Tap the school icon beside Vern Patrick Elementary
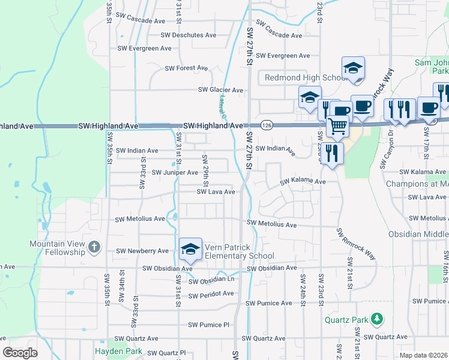click(190, 249)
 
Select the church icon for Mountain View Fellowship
click(94, 247)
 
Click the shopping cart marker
click(338, 127)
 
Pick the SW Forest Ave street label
click(187, 68)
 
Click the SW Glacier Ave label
click(221, 91)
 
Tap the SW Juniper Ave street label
click(175, 173)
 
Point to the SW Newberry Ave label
click(142, 251)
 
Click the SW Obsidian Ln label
click(211, 280)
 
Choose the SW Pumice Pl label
click(209, 325)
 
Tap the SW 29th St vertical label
click(205, 167)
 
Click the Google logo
click(20, 353)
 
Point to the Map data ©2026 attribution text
click(423, 355)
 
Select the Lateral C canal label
click(221, 106)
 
